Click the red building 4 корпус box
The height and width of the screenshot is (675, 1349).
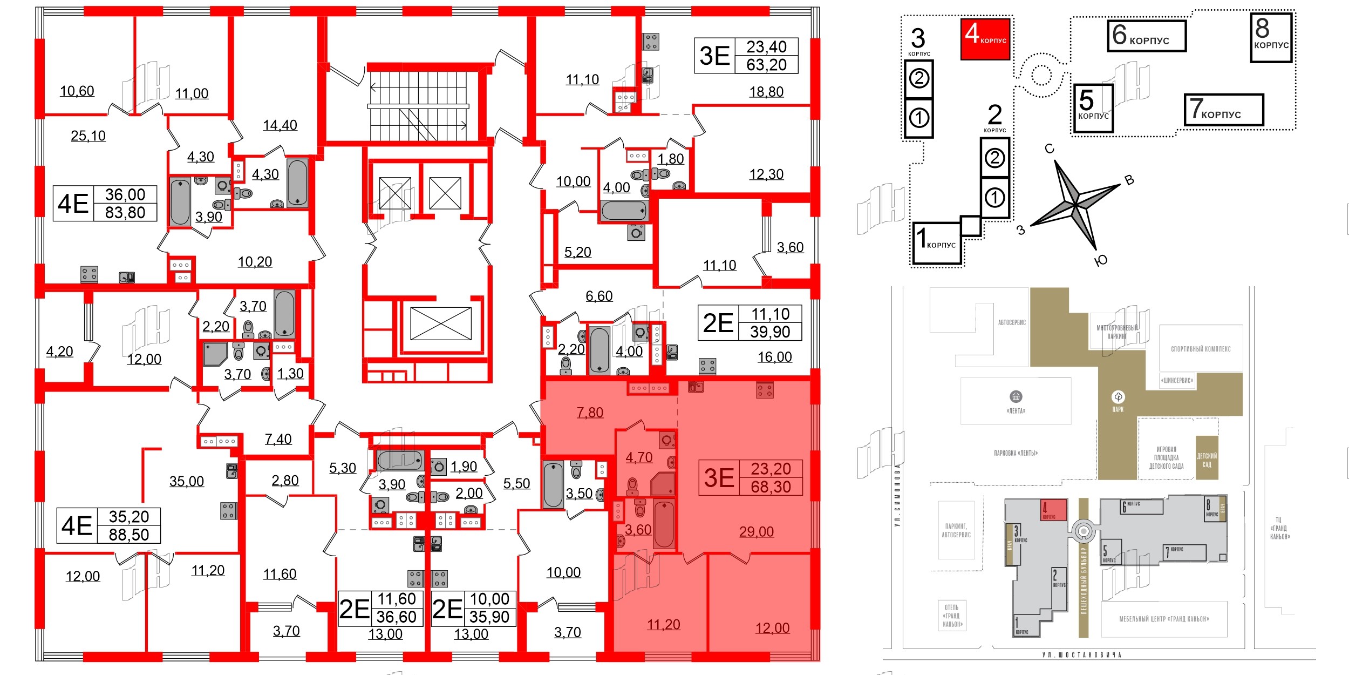coord(985,39)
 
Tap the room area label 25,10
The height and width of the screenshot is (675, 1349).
coord(88,136)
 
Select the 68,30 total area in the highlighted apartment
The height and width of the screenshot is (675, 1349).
coord(771,487)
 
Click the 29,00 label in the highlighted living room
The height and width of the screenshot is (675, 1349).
coord(756,532)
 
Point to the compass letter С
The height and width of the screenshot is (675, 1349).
coord(1050,149)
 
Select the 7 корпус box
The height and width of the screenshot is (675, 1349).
coord(1223,110)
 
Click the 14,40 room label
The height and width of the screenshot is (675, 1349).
coord(280,125)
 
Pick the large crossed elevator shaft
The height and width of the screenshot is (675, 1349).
coord(441,323)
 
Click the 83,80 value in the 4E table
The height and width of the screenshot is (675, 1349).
coord(125,213)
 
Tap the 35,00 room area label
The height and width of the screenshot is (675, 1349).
coord(187,481)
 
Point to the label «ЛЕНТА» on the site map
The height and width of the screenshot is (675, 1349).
coord(1016,411)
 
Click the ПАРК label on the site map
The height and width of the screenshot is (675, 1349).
coord(1118,409)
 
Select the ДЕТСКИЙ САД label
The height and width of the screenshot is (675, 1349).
coord(1207,460)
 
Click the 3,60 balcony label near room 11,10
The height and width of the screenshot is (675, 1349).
coord(790,247)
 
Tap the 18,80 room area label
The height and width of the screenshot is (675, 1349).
coord(766,92)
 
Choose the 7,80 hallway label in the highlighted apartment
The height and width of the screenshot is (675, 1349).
coord(590,413)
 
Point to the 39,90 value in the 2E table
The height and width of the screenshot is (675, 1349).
coord(770,332)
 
